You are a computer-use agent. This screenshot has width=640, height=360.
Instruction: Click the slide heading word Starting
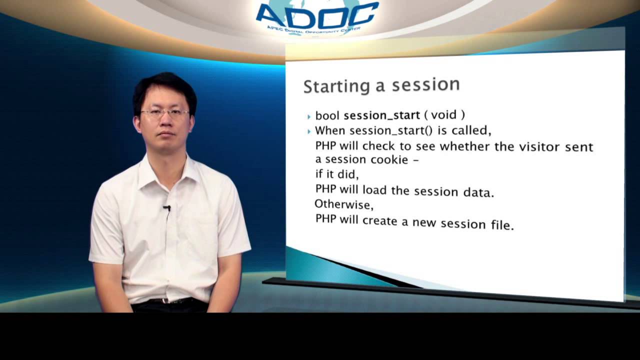[336, 87]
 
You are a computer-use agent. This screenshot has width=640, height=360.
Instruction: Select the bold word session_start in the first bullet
[381, 115]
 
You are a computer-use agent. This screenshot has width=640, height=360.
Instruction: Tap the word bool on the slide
[327, 115]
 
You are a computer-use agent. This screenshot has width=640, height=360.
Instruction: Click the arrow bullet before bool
[309, 116]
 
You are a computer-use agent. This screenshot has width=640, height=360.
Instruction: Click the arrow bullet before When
[309, 131]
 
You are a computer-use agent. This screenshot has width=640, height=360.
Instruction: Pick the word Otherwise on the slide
[343, 204]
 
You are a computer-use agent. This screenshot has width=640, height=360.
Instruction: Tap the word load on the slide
[374, 190]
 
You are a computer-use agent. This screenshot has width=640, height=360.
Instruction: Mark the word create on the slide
[379, 220]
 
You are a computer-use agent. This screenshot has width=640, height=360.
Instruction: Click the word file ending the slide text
[502, 225]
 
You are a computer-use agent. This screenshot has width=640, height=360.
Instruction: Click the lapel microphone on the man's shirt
[167, 208]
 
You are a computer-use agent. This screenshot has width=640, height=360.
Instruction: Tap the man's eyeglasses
[165, 113]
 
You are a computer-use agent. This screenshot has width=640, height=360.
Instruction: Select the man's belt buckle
[165, 301]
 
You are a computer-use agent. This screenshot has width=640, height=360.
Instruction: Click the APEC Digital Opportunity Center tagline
[313, 30]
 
